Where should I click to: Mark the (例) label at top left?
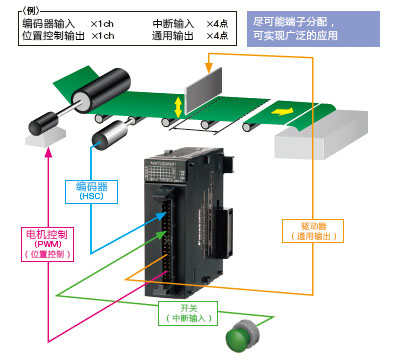17,7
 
